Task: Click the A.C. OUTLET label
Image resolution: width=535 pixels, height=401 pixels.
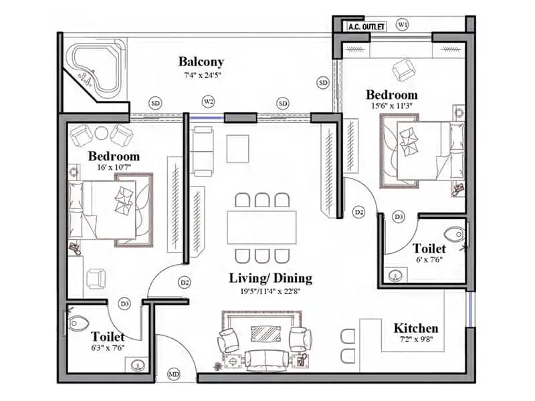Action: [366, 27]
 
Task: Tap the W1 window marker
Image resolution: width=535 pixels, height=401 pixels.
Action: [403, 25]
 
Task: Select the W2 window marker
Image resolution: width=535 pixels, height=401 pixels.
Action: [209, 102]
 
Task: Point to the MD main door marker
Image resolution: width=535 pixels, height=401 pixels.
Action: [175, 374]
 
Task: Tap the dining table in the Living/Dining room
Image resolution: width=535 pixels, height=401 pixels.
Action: [261, 227]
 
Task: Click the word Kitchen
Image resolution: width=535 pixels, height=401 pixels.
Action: [415, 328]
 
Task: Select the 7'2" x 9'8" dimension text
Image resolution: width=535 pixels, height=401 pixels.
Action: [415, 341]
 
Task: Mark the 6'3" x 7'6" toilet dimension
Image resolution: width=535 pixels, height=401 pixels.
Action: [108, 348]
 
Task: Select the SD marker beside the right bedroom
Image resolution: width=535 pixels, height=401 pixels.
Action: [323, 83]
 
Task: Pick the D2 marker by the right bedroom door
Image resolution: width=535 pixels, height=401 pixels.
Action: [358, 212]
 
